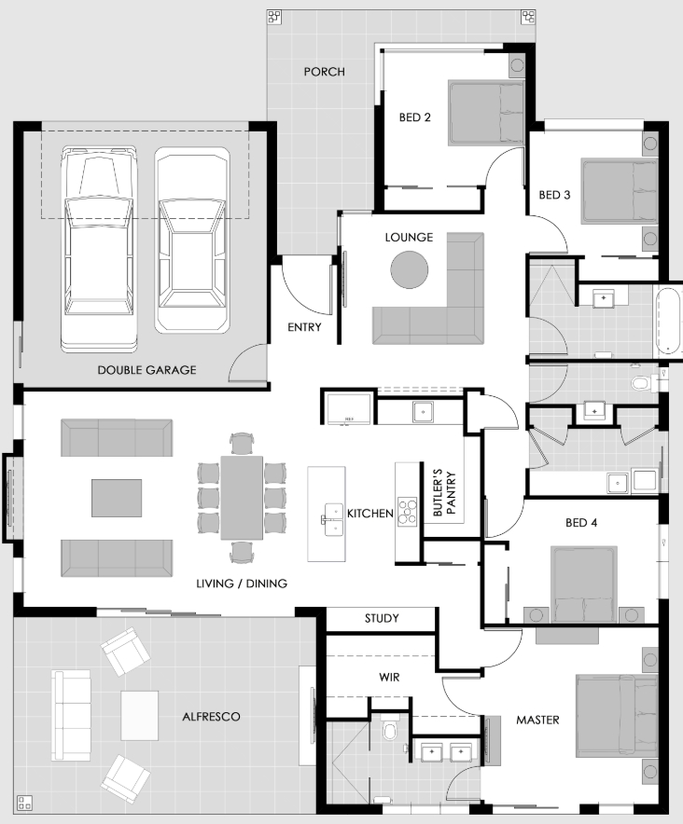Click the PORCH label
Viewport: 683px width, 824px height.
[x=324, y=72]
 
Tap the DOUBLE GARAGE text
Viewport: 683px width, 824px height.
[x=146, y=370]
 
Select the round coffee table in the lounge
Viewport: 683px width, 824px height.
[x=409, y=269]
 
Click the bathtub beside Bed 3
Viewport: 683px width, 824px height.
[x=668, y=321]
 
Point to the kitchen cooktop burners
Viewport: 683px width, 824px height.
[x=407, y=512]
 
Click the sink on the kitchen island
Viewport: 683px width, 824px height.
[x=333, y=519]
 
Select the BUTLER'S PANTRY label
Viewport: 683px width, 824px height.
[x=445, y=492]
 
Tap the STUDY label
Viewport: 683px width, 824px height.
[x=382, y=618]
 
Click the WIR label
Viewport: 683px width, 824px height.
[x=389, y=678]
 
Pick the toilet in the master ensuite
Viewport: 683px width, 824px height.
[x=390, y=731]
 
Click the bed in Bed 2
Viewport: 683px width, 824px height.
[x=486, y=113]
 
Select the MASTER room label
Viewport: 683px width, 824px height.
[x=537, y=720]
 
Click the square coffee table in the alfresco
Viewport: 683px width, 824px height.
[x=139, y=715]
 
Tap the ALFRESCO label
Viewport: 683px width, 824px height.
[x=211, y=717]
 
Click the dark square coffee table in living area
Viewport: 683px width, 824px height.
[x=117, y=498]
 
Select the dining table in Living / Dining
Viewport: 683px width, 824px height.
[x=242, y=498]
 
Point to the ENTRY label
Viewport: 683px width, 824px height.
[x=304, y=327]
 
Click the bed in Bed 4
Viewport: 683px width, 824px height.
[x=583, y=584]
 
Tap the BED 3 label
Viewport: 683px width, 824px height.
[x=554, y=195]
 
